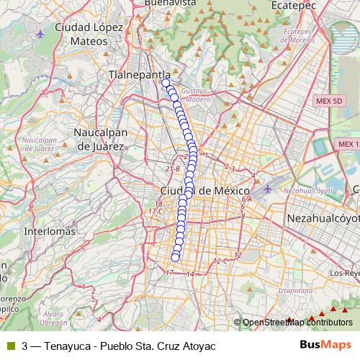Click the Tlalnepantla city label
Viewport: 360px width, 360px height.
coord(140,74)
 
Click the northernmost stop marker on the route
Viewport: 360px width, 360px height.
coord(166,83)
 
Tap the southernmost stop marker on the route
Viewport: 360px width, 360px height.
coord(175,258)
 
